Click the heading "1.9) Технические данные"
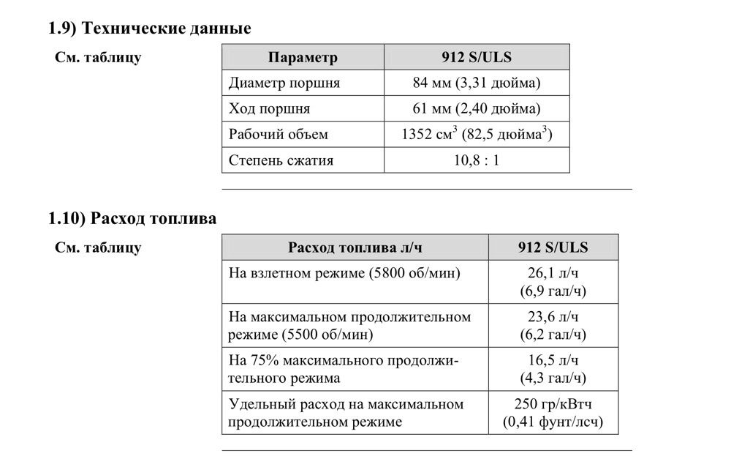click(x=150, y=29)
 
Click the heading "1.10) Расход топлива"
click(x=132, y=219)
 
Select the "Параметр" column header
click(x=303, y=58)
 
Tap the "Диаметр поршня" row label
click(x=284, y=83)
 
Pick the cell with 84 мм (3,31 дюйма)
click(x=477, y=83)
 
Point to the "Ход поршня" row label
click(x=269, y=109)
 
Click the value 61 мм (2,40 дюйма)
click(x=477, y=109)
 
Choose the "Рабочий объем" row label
click(x=279, y=135)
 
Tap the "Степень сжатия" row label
click(x=281, y=160)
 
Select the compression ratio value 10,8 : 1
click(x=477, y=160)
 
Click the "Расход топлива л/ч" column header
click(x=355, y=247)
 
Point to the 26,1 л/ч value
click(x=553, y=274)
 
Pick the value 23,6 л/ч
click(x=553, y=317)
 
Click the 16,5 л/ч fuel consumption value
click(x=553, y=361)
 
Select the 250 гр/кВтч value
click(x=553, y=404)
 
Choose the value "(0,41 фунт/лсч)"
click(x=553, y=422)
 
